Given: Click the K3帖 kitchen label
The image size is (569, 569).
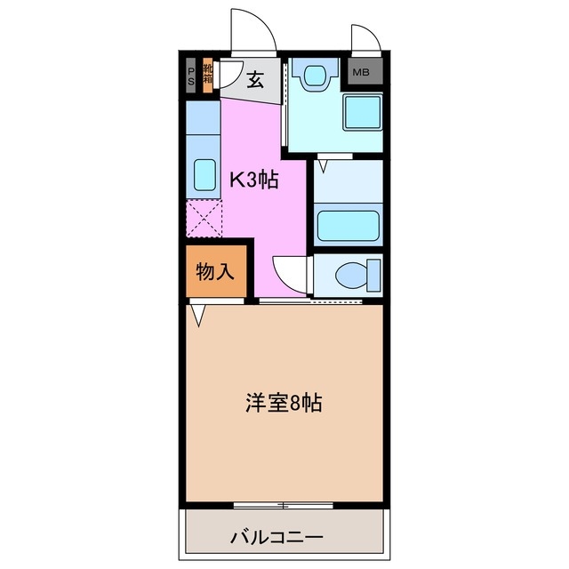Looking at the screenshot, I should (255, 180).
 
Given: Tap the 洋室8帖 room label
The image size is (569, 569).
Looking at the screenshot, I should (284, 403).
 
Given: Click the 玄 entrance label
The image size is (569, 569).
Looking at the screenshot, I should (255, 80).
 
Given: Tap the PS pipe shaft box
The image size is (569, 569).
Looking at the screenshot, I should (191, 73).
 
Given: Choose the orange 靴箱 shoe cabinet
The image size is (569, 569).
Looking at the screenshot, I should (207, 73).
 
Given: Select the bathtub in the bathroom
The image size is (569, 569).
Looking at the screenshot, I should (348, 224).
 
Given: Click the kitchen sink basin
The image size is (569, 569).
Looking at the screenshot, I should (204, 176).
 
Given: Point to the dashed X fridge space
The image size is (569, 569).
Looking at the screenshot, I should (204, 217).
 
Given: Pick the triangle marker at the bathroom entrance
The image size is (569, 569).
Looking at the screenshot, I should (324, 165).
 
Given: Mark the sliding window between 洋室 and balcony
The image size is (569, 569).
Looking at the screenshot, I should (283, 505).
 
